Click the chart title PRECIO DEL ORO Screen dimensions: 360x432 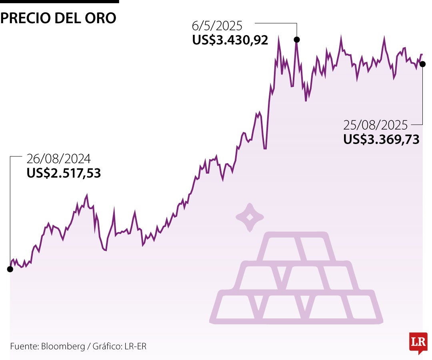tap(58, 18)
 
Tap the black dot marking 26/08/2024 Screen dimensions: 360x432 tap(10, 269)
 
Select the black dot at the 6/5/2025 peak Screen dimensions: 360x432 tap(297, 40)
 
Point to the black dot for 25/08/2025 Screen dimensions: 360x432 tap(423, 64)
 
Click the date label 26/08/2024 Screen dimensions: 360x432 tap(58, 159)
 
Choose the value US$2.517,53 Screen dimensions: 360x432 tap(64, 173)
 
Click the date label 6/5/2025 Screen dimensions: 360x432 tap(217, 26)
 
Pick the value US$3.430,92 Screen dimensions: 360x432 tap(230, 40)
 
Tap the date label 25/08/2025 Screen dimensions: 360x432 tap(375, 125)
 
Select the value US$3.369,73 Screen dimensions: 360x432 tap(381, 139)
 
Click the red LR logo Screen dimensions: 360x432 tap(418, 342)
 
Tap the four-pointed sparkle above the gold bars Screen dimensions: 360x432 tap(250, 217)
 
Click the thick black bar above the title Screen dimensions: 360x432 tap(59, 2)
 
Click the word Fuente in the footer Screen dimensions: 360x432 tap(23, 346)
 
